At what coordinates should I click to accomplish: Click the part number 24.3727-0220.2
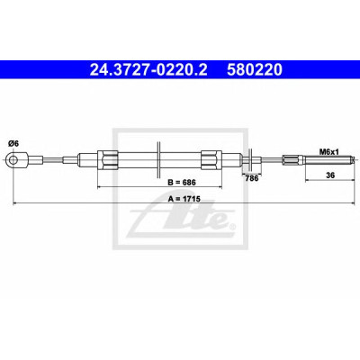(x=148, y=70)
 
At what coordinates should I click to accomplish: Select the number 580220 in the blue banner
(x=255, y=70)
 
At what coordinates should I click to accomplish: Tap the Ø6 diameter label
(x=13, y=144)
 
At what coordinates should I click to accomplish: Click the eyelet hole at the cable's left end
(x=13, y=159)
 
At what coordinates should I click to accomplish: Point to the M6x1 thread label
(x=328, y=152)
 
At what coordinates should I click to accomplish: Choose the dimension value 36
(x=330, y=175)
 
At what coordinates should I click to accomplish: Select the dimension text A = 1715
(x=184, y=198)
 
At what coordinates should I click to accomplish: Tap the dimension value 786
(x=252, y=178)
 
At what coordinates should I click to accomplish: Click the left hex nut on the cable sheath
(x=107, y=159)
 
